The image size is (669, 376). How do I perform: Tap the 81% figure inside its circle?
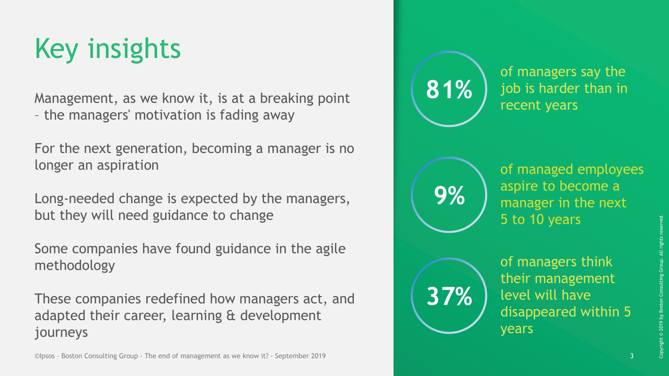pos(449,89)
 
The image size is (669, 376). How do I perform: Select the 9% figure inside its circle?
pos(449,195)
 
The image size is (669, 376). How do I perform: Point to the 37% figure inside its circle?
pos(449,296)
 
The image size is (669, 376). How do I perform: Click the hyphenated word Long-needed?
pos(74,199)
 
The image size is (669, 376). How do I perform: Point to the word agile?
pos(331,249)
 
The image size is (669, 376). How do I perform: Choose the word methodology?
pos(75,266)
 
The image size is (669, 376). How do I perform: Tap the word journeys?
pos(61,333)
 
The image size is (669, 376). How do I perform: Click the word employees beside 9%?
pos(610,170)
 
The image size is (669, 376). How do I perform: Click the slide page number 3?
pos(632,356)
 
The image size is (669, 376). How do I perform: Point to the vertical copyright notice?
pos(661,287)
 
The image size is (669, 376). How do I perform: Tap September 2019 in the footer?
pos(300,356)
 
